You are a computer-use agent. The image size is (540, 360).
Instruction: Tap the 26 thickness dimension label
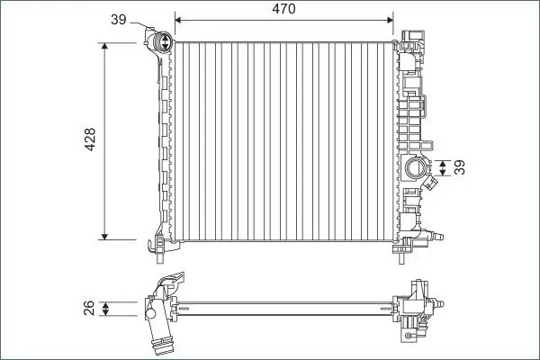point(87,310)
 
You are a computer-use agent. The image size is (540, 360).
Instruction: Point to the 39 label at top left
point(118,20)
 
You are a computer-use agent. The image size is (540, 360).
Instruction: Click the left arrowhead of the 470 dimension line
point(177,19)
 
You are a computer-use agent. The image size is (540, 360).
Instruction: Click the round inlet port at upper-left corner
point(163,40)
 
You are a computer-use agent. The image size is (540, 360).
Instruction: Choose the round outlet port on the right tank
point(417,167)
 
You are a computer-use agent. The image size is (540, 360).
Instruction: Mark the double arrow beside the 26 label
point(107,310)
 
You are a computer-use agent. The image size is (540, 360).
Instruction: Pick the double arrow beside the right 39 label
point(441,168)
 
